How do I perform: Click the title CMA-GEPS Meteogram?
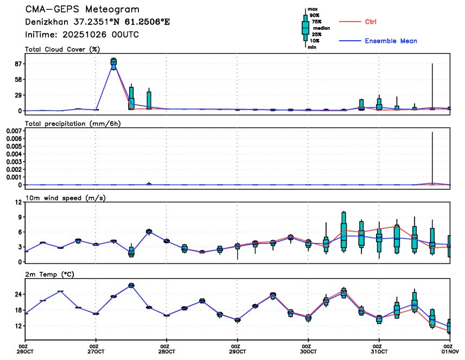click(x=82, y=10)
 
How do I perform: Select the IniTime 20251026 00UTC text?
click(x=81, y=34)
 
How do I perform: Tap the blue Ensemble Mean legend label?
click(x=391, y=41)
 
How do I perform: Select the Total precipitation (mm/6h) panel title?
click(x=73, y=124)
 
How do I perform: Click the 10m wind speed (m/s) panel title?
click(x=65, y=197)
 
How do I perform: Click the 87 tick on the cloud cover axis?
click(x=17, y=64)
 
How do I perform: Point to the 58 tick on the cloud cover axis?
click(x=17, y=80)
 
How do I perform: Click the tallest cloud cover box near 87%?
click(x=113, y=63)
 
